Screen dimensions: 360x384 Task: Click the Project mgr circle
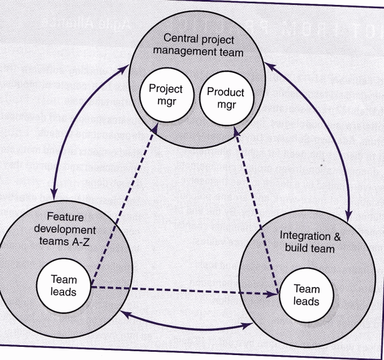166,96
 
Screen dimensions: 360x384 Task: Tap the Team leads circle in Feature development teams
63,285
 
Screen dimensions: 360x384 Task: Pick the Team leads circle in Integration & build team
307,295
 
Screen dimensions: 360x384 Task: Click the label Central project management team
199,45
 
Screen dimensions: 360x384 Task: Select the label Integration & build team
310,242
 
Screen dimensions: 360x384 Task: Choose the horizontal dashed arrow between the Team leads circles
181,290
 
